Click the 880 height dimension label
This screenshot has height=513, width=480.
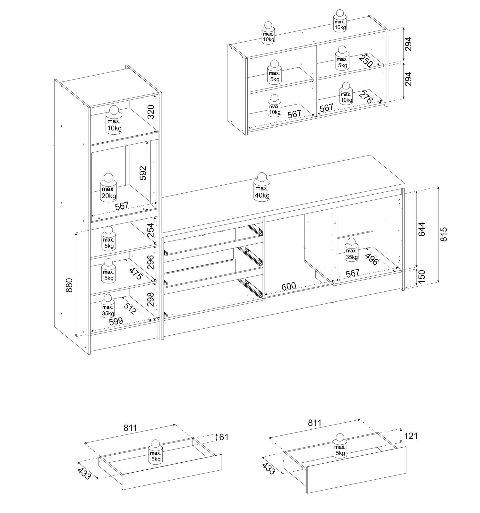point(69,285)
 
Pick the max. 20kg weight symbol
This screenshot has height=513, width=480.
point(108,188)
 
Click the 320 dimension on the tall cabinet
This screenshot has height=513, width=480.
point(151,112)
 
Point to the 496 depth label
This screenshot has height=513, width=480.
point(372,259)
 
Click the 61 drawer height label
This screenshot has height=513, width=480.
point(223,437)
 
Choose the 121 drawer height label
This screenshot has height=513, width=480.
point(410,436)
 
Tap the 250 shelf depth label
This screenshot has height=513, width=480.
point(365,61)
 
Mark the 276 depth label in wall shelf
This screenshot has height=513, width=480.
point(365,97)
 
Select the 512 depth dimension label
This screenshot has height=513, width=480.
point(130,308)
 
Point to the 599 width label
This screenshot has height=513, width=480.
point(116,322)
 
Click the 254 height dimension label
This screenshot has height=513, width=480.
point(150,230)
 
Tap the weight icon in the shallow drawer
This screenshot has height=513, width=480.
point(156,451)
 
